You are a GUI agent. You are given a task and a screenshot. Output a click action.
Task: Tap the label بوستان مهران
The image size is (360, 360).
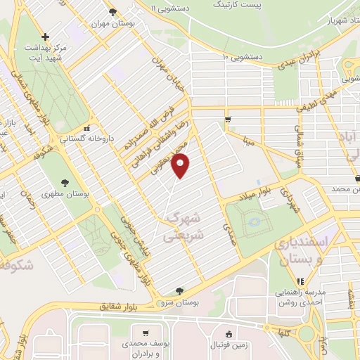coord(112,22)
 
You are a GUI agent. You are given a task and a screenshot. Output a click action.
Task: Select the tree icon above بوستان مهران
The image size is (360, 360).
coord(112,11)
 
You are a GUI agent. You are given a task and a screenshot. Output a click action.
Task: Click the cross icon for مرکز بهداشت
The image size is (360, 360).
coord(46,37)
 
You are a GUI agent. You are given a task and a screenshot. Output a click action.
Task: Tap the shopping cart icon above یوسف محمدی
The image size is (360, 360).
coord(146,333)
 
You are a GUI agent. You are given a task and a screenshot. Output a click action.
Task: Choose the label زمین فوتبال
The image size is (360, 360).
coord(227,347)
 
